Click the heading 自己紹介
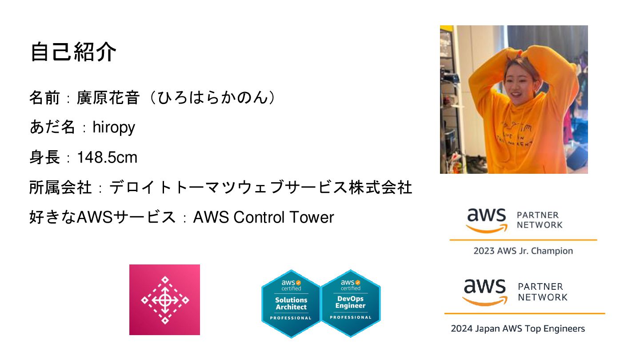point(73,52)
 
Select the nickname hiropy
point(114,128)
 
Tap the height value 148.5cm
point(107,157)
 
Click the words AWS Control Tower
point(264,217)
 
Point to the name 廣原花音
point(108,98)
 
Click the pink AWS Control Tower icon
point(164,300)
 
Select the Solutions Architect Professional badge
point(291,304)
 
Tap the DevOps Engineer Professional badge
point(351,303)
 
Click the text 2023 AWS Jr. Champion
point(523,251)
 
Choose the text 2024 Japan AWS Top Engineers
point(518,329)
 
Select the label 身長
point(44,157)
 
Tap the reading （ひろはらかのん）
point(212,98)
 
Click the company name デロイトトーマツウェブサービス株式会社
point(261,188)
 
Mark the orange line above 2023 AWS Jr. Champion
point(523,240)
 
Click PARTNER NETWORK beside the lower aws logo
point(542,292)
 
